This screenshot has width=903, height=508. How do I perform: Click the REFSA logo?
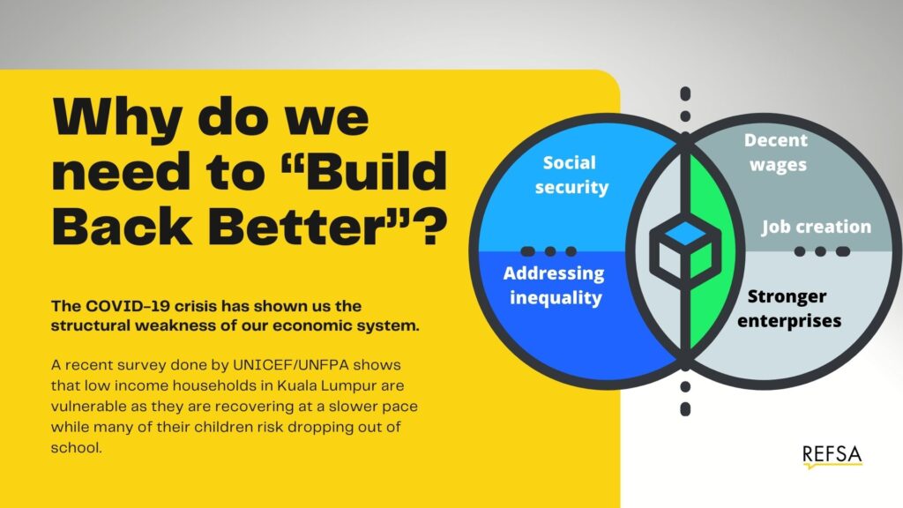pyautogui.click(x=832, y=455)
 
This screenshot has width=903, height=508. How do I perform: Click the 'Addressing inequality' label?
pyautogui.click(x=554, y=285)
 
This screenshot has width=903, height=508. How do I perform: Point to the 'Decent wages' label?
pyautogui.click(x=775, y=152)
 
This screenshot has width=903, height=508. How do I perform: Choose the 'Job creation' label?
pyautogui.click(x=816, y=227)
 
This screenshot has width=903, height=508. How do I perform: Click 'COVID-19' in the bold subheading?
pyautogui.click(x=120, y=307)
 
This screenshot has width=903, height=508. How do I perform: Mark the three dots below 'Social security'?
pyautogui.click(x=549, y=251)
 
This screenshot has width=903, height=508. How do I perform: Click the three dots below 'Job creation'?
pyautogui.click(x=821, y=251)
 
